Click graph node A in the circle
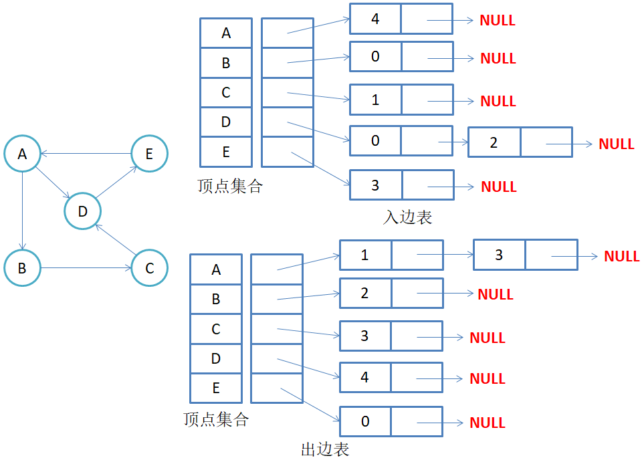pos(22,154)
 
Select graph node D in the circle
pos(82,212)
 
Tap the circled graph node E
pos(148,154)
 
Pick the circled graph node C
pos(148,268)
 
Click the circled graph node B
pos(22,268)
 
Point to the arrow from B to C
pos(86,269)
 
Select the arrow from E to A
pos(86,154)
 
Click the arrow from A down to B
pos(23,211)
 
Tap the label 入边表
pos(408,217)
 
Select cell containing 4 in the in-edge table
pos(375,19)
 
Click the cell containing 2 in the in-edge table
pos(494,142)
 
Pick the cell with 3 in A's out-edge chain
pos(499,255)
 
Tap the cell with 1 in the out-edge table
pos(365,255)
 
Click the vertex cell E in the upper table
pos(226,152)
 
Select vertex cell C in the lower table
pos(216,329)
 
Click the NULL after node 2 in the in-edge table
pos(616,144)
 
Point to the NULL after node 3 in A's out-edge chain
pos(621,256)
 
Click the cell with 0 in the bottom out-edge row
pos(365,421)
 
